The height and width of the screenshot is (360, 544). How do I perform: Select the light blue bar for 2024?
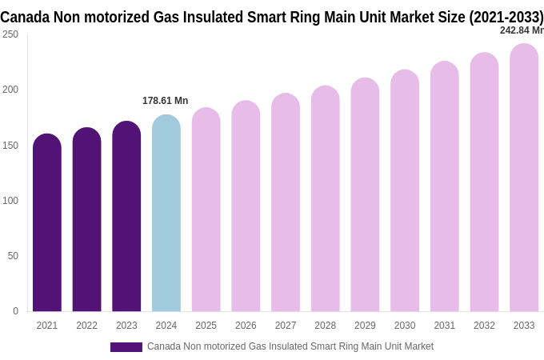pos(166,214)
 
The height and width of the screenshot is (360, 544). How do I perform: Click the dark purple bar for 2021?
pos(47,224)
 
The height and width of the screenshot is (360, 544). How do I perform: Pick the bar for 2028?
pos(325,200)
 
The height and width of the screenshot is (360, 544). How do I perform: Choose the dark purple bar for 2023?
pos(126,218)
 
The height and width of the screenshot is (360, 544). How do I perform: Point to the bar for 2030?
pos(405,192)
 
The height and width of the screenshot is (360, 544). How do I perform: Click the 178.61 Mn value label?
pos(165,101)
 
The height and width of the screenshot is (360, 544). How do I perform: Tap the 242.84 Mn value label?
pos(522,30)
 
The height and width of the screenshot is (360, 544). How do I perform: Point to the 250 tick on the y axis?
pos(10,34)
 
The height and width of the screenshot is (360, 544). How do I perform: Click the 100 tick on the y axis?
pos(10,201)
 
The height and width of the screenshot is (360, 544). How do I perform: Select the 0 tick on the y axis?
pos(15,311)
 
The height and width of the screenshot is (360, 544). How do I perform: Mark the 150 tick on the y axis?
pos(10,146)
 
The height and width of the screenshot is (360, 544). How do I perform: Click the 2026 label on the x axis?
pos(246,326)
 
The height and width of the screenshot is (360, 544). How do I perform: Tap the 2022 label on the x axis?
pos(86,326)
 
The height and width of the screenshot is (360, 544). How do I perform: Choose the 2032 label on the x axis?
pos(484,326)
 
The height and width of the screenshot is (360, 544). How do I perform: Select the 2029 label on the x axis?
pos(365,326)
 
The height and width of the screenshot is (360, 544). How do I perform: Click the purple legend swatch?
pos(126,347)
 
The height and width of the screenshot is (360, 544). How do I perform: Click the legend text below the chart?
pos(290,346)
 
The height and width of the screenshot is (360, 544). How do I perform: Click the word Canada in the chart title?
pos(25,17)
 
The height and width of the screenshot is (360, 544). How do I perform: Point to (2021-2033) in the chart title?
pos(506,17)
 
